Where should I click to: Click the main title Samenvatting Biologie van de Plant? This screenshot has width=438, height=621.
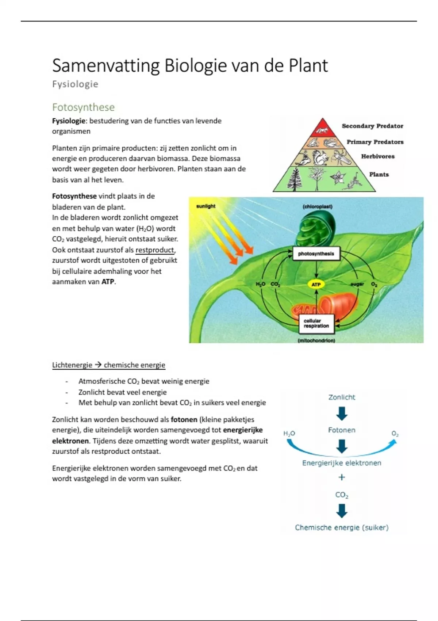[x=190, y=66]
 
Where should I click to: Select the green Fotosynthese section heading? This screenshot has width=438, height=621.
[x=83, y=107]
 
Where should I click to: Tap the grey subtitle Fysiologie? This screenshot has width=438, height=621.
[x=75, y=84]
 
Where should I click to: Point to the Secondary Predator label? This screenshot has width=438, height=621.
[x=372, y=126]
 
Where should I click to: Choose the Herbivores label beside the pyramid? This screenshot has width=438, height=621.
[x=378, y=156]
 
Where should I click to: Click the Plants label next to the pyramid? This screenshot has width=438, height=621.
[x=379, y=174]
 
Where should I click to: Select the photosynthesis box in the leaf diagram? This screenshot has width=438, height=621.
[x=316, y=254]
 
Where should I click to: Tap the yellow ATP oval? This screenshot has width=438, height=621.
[x=316, y=285]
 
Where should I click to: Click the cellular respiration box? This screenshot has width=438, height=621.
[x=316, y=324]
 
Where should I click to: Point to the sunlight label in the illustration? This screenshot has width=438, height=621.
[x=206, y=206]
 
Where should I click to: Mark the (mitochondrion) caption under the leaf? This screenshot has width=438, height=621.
[x=316, y=340]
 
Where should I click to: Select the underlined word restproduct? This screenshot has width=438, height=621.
[x=155, y=250]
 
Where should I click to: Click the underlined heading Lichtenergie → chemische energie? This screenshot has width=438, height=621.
[x=108, y=365]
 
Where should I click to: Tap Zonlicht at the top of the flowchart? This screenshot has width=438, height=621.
[x=342, y=397]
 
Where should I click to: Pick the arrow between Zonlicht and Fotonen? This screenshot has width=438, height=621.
[x=342, y=414]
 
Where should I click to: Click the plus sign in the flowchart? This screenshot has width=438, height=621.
[x=342, y=477]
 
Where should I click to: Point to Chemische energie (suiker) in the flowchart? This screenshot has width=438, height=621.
[x=342, y=527]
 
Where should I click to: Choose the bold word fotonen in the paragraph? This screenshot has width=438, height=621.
[x=184, y=420]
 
